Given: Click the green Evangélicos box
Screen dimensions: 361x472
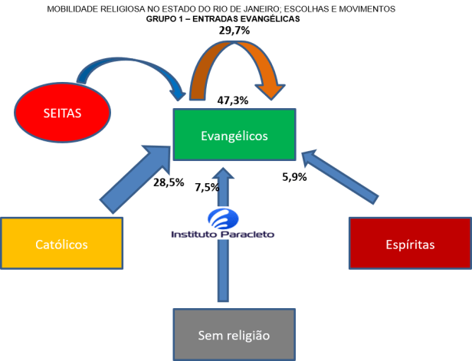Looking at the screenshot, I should [234, 135].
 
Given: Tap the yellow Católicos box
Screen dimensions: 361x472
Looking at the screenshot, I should [61, 244].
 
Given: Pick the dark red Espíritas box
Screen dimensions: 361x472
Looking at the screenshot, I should [410, 244].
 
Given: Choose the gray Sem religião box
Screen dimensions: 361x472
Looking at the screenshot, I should [234, 334].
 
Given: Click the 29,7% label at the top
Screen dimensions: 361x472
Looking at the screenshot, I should [235, 30].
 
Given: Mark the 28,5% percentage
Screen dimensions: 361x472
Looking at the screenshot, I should [168, 183].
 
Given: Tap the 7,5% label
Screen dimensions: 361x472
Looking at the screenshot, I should [206, 187].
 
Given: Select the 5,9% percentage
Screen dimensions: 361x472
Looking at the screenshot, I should [295, 176].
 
